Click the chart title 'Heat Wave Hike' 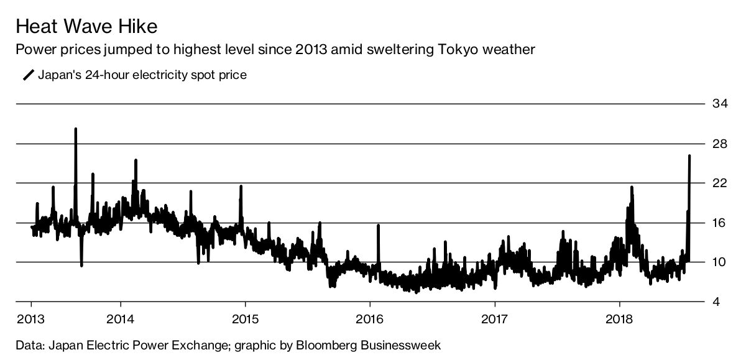86,27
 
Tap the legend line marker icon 29,75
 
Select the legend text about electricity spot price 142,75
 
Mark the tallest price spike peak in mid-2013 76,129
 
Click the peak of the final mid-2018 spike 689,156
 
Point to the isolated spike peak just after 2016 377,226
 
